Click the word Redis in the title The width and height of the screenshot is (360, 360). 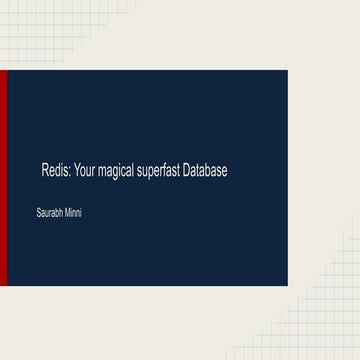(54, 171)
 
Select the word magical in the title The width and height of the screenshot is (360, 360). (117, 172)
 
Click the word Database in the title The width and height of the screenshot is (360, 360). (206, 171)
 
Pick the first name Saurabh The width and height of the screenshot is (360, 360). (49, 213)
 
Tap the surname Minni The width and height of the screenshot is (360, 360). (73, 213)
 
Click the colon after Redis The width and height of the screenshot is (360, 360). (68, 172)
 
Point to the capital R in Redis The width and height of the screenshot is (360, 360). (45, 171)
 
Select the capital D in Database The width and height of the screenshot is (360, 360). (188, 171)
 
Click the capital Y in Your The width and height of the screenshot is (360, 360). (75, 171)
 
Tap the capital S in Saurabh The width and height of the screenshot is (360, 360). (37, 213)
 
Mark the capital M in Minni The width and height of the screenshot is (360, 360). (67, 213)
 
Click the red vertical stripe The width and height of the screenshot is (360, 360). (3, 178)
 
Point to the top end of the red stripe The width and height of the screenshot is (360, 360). (3, 72)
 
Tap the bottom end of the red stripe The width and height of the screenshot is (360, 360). (3, 285)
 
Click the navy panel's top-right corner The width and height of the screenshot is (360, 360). (286, 71)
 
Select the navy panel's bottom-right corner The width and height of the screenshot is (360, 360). (286, 286)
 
